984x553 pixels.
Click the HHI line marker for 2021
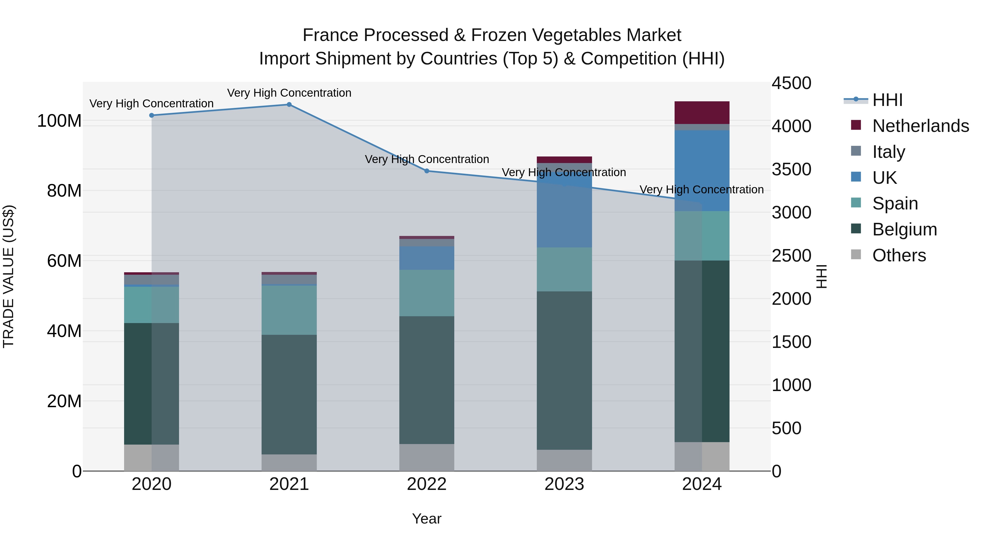tap(289, 105)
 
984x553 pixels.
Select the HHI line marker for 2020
tap(152, 115)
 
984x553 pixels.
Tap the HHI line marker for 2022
tap(427, 171)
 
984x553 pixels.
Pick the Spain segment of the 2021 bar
tap(289, 310)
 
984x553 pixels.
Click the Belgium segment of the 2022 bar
tap(427, 380)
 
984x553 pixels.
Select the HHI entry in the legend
tap(887, 100)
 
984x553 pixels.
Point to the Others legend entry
tap(899, 255)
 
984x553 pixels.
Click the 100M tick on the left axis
tap(59, 121)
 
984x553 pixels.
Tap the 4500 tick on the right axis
tap(791, 83)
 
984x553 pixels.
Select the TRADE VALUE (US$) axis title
tap(8, 276)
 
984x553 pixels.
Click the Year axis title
tap(427, 519)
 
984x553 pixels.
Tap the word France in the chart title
tap(331, 35)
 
